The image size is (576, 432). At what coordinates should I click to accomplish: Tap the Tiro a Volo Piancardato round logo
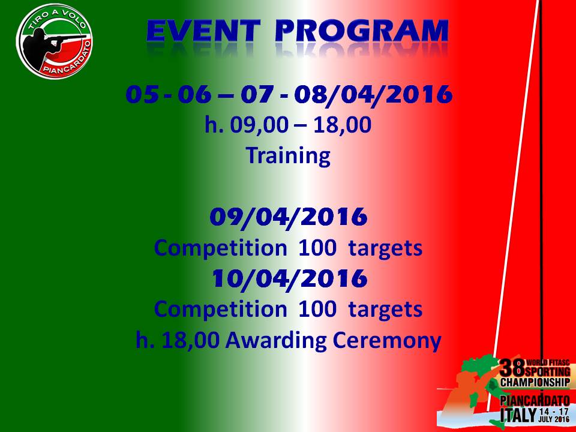click(x=55, y=41)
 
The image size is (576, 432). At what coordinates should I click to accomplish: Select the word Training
click(x=288, y=155)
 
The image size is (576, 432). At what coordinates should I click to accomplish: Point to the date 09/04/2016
click(x=289, y=217)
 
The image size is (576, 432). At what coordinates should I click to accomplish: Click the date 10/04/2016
click(x=289, y=278)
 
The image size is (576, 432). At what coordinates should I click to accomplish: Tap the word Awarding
click(x=276, y=340)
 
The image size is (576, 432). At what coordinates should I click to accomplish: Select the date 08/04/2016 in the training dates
click(x=373, y=94)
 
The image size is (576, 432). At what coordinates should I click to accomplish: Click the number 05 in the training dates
click(x=143, y=94)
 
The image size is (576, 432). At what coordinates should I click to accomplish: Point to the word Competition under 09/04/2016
click(x=220, y=248)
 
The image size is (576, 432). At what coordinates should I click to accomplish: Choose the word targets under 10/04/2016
click(x=385, y=310)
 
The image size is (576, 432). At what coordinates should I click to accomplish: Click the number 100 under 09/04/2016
click(x=317, y=248)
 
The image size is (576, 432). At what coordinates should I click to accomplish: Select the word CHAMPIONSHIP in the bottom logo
click(x=535, y=382)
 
